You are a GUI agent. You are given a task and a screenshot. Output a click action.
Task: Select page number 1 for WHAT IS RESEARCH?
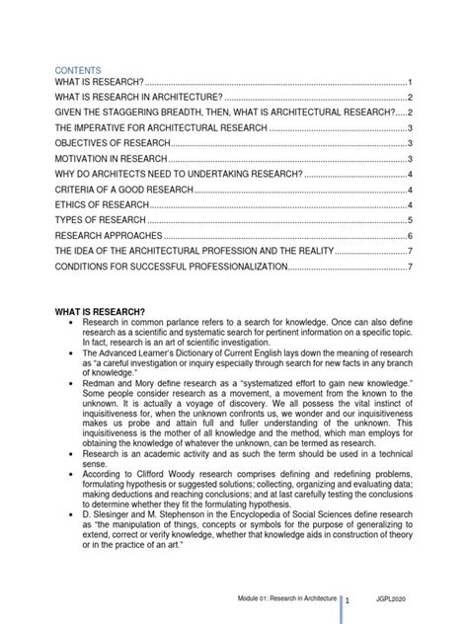coord(409,81)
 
